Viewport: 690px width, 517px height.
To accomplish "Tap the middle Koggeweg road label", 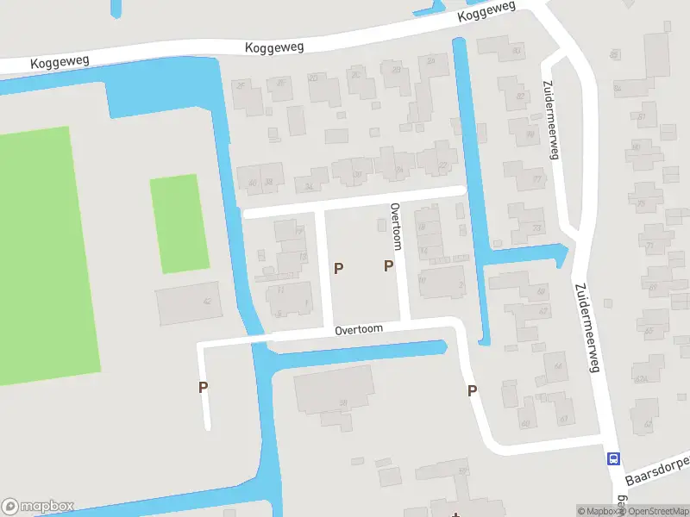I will click(x=274, y=47).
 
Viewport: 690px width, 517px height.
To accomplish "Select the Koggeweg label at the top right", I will click(x=486, y=11).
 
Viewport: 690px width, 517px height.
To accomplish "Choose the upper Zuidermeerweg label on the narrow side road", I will click(x=549, y=120).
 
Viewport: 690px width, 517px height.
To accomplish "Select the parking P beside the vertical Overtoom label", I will click(x=388, y=266).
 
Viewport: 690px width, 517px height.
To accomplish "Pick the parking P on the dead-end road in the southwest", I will click(x=203, y=387).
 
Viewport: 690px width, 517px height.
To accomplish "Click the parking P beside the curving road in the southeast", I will click(x=472, y=391).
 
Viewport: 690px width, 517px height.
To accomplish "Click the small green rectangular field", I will click(x=179, y=224).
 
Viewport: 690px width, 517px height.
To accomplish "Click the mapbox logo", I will click(x=39, y=507).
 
